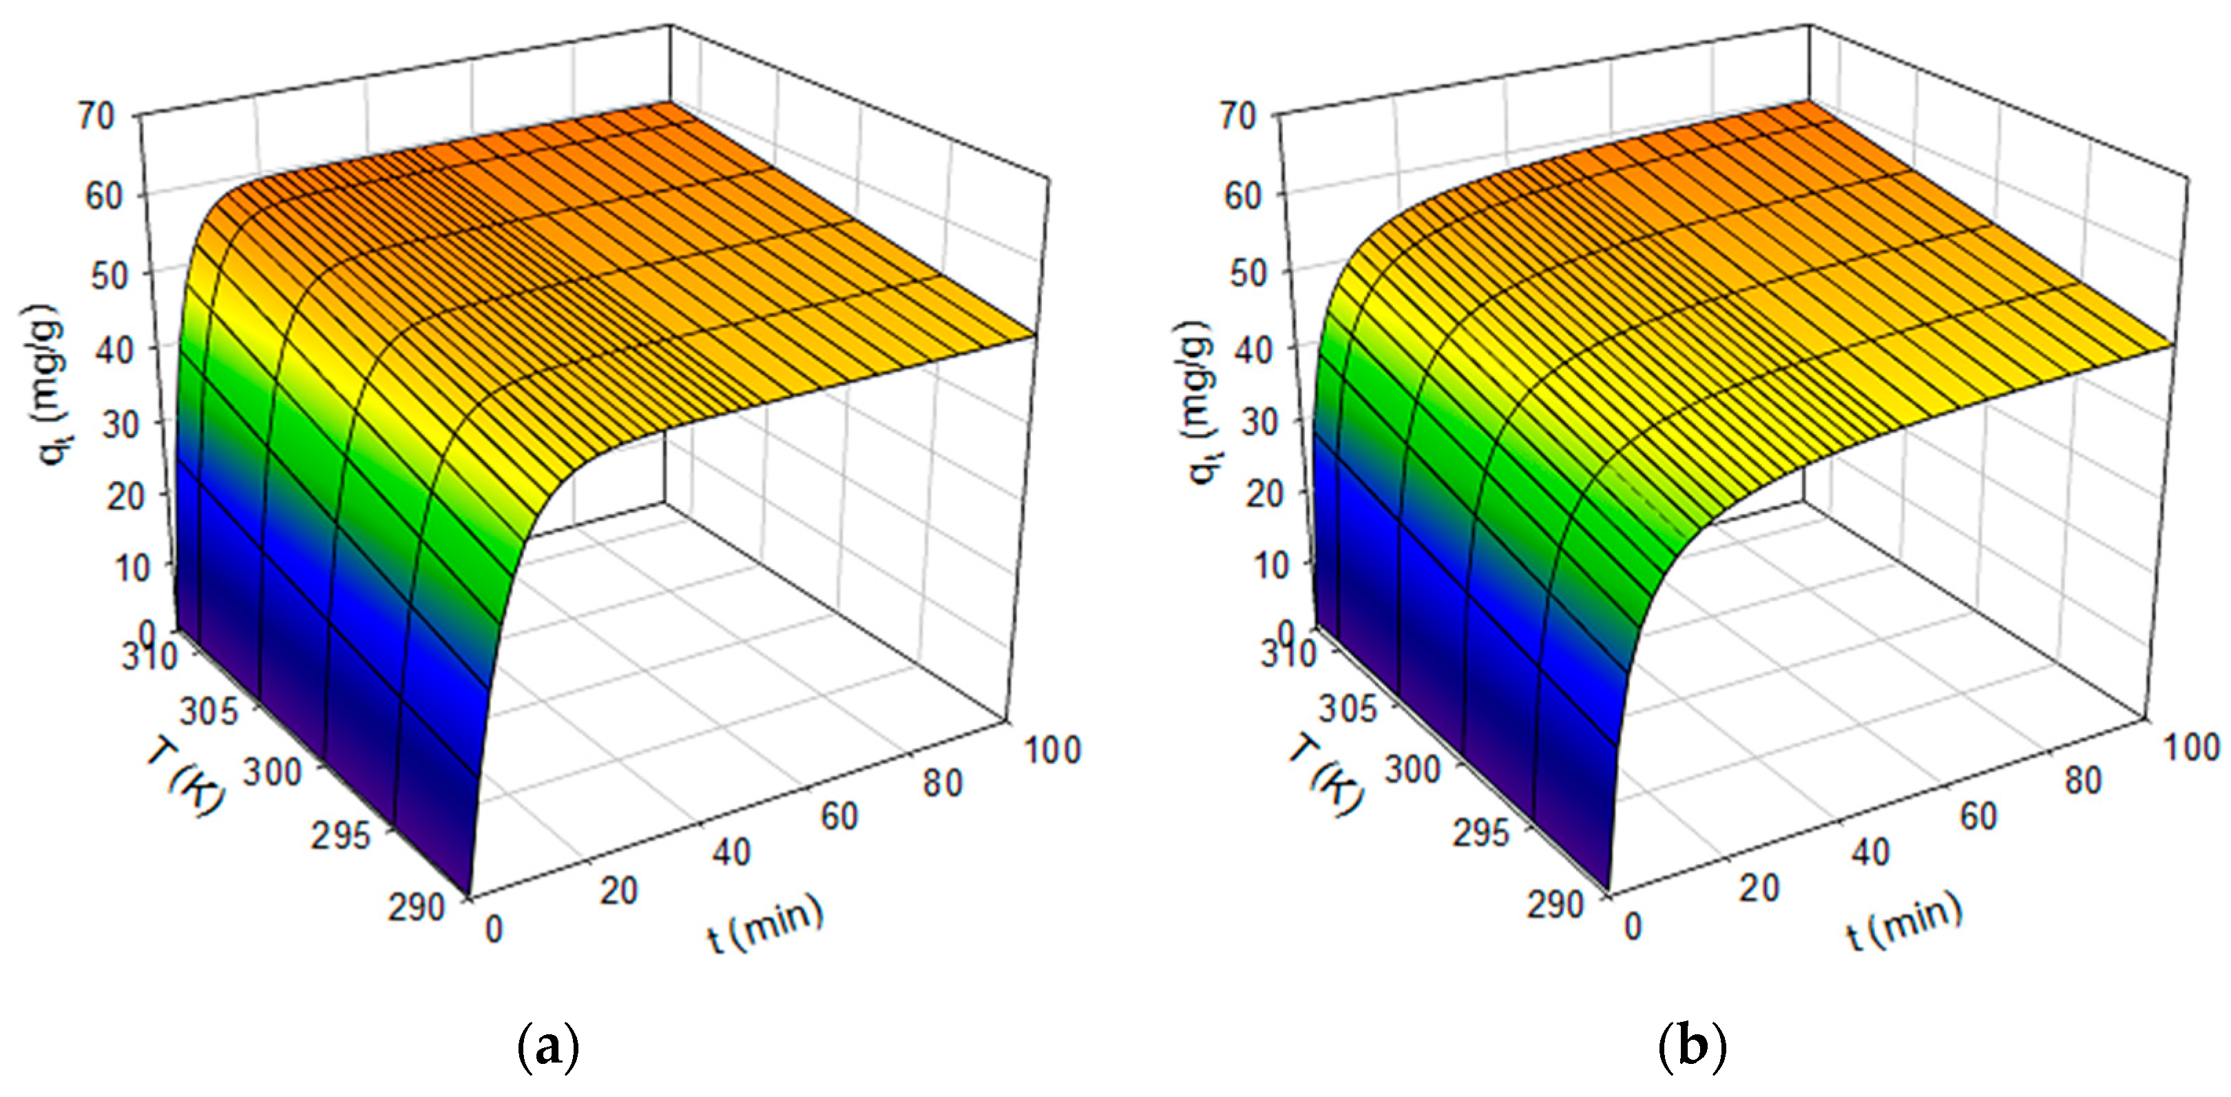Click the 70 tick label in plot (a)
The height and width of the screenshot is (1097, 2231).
click(96, 116)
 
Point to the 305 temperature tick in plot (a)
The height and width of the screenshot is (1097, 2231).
click(208, 712)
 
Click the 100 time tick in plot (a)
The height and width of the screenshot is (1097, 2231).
click(1052, 750)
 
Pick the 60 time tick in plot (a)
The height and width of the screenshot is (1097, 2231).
click(839, 817)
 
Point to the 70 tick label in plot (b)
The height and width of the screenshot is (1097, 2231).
click(1237, 116)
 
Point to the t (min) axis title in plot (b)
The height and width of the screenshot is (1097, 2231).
click(1905, 923)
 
